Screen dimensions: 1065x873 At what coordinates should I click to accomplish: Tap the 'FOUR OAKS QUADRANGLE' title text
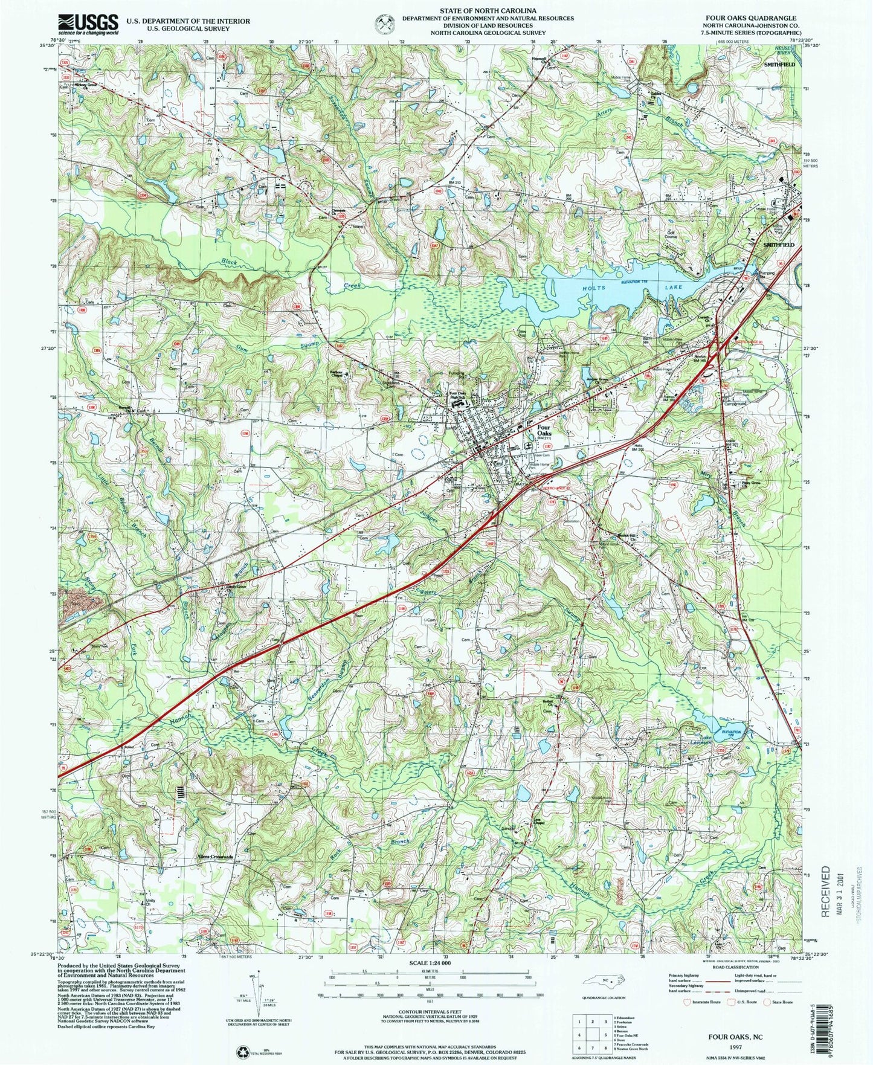pos(761,19)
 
